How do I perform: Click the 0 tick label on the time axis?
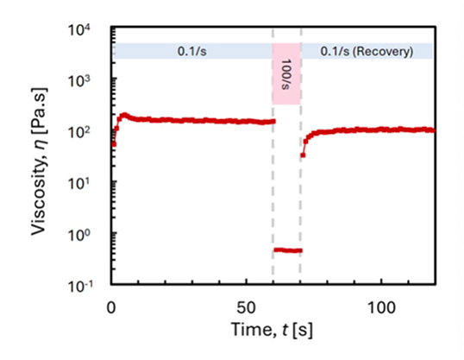click(111, 308)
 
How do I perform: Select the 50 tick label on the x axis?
click(246, 308)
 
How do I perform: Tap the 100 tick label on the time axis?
click(381, 308)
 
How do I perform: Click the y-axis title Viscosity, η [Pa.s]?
click(39, 161)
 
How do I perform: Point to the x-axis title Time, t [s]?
click(272, 330)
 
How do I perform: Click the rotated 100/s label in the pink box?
click(286, 74)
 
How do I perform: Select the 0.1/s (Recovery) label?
click(367, 52)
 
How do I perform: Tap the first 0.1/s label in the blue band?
click(191, 52)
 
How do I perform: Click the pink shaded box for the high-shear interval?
click(286, 73)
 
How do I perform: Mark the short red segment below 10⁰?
click(288, 250)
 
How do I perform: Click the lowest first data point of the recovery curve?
click(303, 155)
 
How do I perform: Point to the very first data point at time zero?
click(114, 144)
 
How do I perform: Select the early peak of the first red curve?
click(124, 115)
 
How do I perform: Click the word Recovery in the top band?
click(383, 52)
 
